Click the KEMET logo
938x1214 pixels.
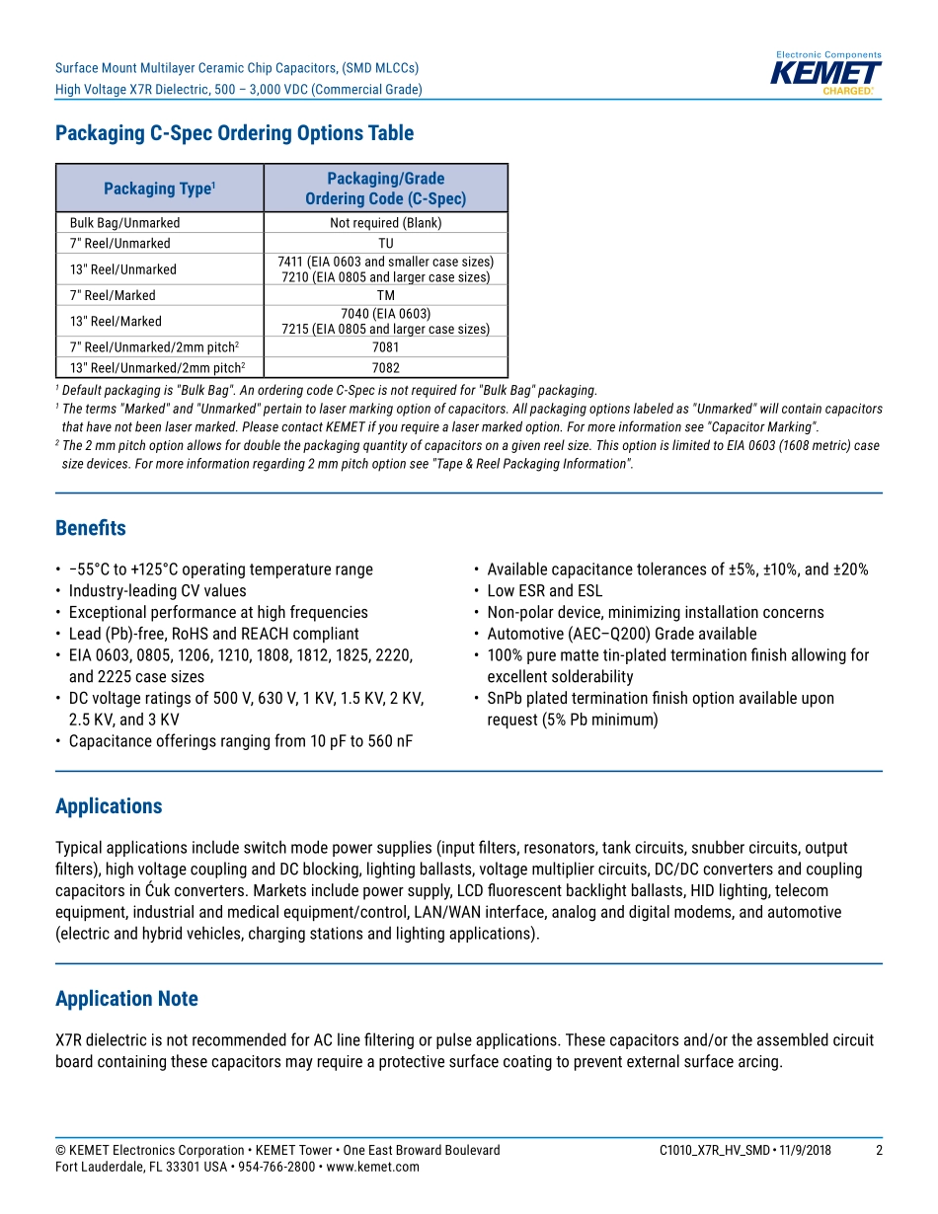[827, 74]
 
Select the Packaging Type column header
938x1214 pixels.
[159, 189]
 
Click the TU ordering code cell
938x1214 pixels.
[385, 244]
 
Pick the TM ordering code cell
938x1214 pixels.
[385, 295]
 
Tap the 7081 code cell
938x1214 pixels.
[385, 347]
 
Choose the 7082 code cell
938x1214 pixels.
[385, 368]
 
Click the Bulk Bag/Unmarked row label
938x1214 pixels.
[124, 223]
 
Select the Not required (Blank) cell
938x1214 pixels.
[385, 223]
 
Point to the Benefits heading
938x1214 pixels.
[91, 528]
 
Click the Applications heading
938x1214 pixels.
[109, 806]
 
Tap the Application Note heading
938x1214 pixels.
[126, 999]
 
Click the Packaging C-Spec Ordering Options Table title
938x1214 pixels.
[234, 133]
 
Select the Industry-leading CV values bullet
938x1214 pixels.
[157, 591]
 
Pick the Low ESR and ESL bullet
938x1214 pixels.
[544, 591]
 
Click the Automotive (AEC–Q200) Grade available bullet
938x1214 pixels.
[621, 634]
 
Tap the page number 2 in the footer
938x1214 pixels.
[880, 1151]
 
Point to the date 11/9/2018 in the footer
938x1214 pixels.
[800, 1151]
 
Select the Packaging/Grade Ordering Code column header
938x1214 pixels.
[385, 189]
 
